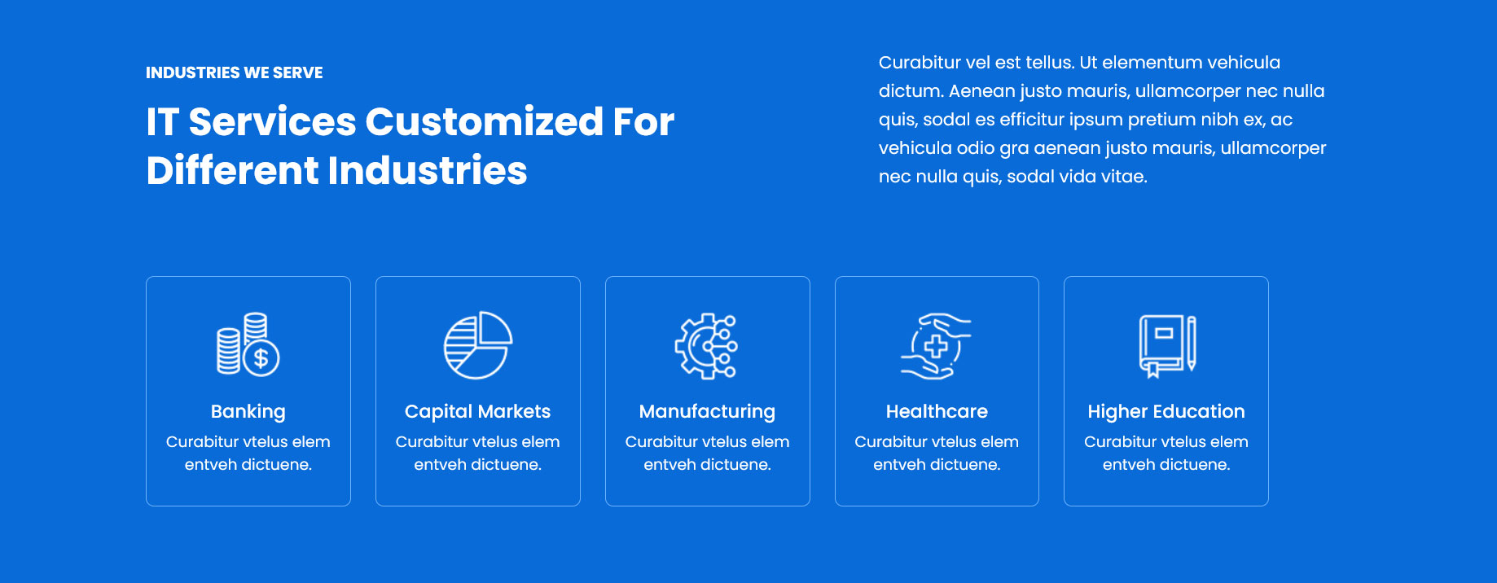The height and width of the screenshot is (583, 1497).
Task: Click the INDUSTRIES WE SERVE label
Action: pos(235,72)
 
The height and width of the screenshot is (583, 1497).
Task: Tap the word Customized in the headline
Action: pos(485,122)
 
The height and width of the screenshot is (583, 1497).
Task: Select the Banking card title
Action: pos(248,412)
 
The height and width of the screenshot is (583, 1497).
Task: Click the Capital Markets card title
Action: pos(478,412)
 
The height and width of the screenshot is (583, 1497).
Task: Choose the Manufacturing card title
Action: pos(707,412)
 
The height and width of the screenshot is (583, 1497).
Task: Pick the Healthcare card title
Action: pos(937,412)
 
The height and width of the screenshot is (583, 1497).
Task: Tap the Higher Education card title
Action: pos(1166,412)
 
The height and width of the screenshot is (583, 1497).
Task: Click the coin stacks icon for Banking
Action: pos(248,344)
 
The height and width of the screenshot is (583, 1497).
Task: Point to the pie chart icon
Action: pos(478,345)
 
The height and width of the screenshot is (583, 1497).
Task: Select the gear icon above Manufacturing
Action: pos(706,346)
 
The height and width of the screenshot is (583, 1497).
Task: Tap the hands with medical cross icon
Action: pos(936,346)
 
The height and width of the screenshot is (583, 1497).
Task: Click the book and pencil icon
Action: pos(1167,346)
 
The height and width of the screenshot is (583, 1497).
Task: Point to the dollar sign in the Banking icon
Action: pos(261,357)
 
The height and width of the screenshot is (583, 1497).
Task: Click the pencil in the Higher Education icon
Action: pos(1192,343)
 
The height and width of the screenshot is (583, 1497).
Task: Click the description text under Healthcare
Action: pos(937,453)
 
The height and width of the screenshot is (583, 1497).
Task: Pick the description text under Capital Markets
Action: pos(478,453)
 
